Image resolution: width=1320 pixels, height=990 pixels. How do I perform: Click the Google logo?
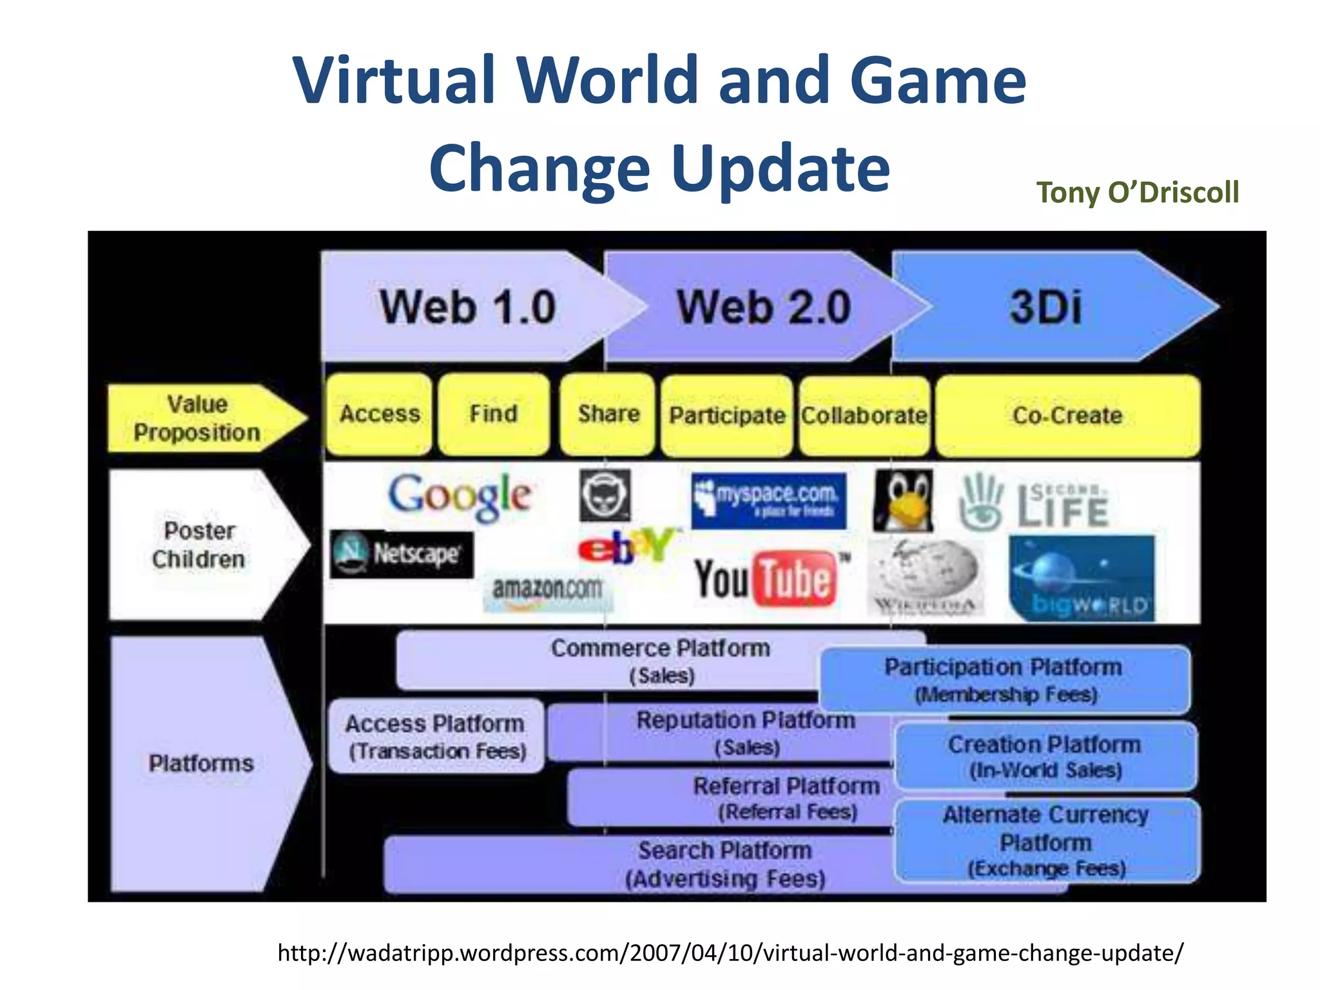click(460, 496)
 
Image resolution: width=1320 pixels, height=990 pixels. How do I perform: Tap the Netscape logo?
click(402, 554)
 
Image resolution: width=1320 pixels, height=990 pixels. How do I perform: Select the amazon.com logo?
click(547, 590)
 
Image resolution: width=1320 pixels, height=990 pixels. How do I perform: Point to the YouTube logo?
click(767, 578)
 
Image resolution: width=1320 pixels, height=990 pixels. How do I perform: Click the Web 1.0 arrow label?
click(467, 307)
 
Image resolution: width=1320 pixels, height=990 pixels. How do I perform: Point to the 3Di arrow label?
click(1045, 307)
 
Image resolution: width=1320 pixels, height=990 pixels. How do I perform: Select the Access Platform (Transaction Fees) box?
click(436, 737)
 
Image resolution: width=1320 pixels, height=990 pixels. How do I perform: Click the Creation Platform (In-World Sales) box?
click(1045, 757)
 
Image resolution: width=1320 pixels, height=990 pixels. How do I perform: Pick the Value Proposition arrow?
click(200, 418)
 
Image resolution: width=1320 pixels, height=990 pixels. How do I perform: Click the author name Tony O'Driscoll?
click(1137, 192)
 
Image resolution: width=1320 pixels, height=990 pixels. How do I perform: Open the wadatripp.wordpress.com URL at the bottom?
click(730, 953)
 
